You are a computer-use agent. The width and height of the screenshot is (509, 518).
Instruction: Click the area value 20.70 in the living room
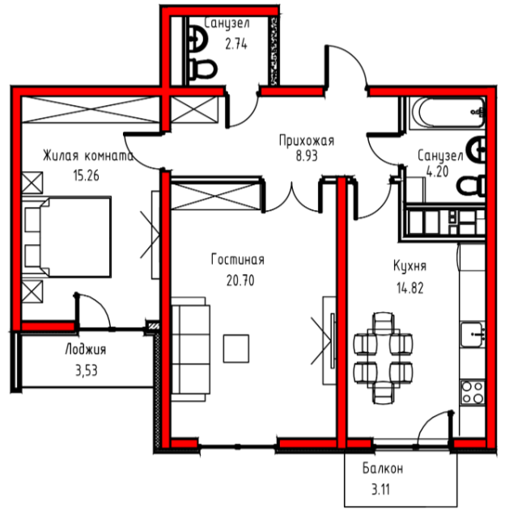(240, 280)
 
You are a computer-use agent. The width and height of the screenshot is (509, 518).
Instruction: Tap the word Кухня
(409, 266)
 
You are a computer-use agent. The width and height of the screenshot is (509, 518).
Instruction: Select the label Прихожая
(307, 141)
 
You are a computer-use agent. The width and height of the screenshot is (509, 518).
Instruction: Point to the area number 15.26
(86, 175)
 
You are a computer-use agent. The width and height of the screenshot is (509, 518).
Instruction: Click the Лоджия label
(86, 350)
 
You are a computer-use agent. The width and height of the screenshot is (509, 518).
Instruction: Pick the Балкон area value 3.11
(380, 489)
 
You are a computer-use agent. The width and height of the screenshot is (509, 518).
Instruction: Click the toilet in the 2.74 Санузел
(202, 69)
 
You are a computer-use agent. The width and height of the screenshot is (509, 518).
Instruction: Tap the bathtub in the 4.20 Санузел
(447, 112)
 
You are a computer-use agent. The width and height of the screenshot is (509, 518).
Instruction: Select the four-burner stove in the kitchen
(473, 393)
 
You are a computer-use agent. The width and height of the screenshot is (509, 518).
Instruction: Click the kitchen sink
(473, 335)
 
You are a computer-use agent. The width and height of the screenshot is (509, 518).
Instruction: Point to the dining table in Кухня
(384, 358)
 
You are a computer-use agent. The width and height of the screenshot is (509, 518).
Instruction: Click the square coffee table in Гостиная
(236, 348)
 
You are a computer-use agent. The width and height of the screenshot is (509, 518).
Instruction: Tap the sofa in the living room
(191, 349)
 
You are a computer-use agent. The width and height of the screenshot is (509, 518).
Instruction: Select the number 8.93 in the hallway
(307, 156)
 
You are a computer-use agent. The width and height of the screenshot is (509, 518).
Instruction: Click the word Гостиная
(238, 259)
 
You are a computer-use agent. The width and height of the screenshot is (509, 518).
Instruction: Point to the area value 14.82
(410, 288)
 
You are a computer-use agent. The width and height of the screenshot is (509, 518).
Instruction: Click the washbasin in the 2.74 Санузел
(197, 39)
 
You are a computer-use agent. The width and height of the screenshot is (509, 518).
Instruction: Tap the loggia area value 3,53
(87, 371)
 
